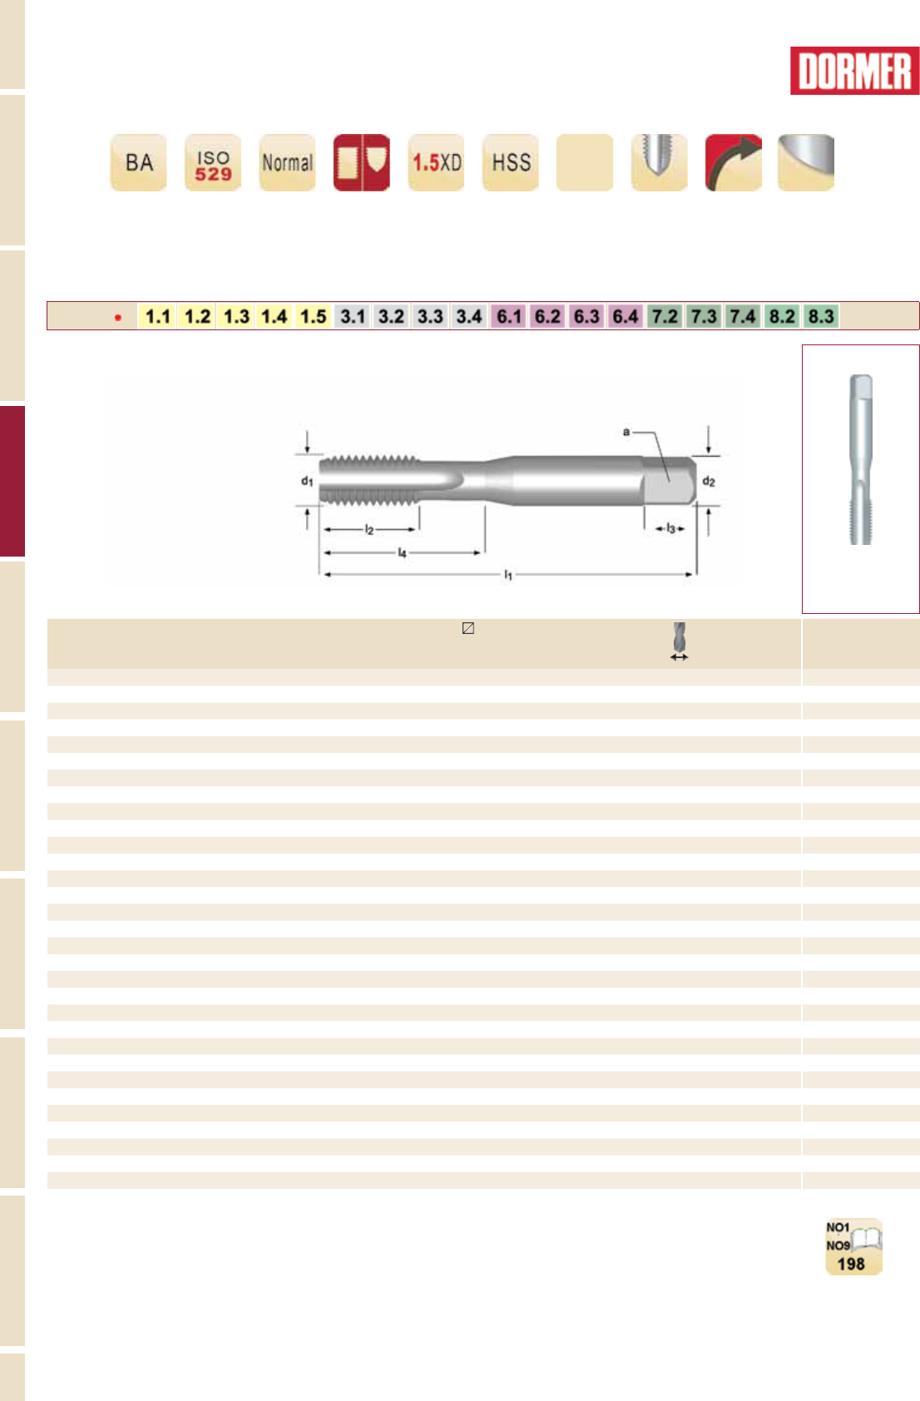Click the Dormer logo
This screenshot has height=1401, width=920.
click(854, 71)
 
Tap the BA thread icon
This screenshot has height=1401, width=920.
click(138, 162)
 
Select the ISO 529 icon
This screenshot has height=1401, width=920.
click(213, 162)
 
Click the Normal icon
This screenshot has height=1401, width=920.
click(287, 162)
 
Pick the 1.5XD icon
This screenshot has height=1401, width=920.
click(436, 162)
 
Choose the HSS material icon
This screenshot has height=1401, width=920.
click(511, 162)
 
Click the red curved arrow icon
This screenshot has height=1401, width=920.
click(734, 162)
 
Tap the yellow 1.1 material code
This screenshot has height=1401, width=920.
click(157, 316)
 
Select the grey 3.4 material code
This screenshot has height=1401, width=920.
click(469, 316)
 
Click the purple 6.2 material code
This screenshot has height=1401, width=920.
click(547, 316)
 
